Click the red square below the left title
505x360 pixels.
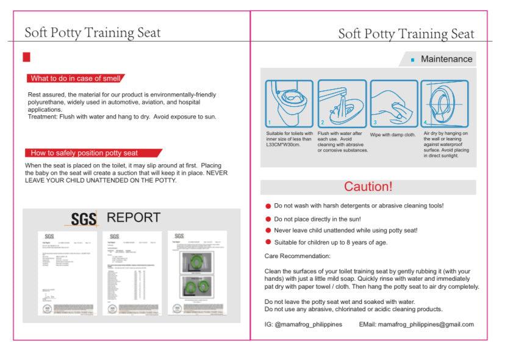coord(26,57)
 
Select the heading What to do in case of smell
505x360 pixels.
coord(75,78)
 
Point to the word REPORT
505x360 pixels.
coord(134,218)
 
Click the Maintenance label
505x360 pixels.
coord(446,59)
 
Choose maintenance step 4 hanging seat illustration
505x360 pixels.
coord(446,103)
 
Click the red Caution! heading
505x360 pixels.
coord(368,187)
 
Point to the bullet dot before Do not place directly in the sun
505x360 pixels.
coord(268,219)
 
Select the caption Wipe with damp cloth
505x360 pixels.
coord(393,134)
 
